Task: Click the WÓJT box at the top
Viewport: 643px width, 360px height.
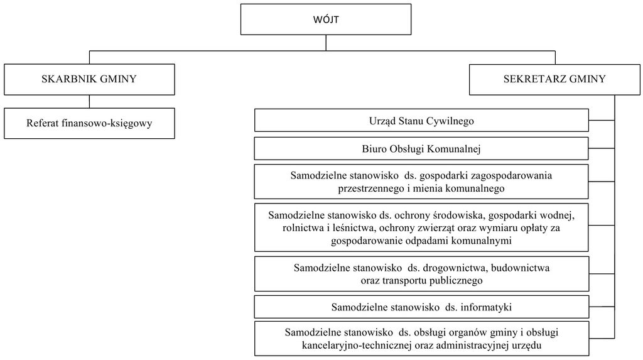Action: (x=326, y=19)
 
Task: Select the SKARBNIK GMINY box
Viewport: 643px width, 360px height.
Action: (x=89, y=79)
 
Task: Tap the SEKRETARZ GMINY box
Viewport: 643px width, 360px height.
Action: (x=554, y=79)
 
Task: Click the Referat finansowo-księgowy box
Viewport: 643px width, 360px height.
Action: (x=89, y=123)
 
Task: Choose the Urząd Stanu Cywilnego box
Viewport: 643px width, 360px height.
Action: (x=421, y=120)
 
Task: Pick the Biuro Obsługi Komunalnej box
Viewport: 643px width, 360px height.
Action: (x=421, y=148)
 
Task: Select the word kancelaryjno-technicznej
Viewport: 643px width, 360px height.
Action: (x=357, y=346)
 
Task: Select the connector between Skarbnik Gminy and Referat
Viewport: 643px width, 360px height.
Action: (x=89, y=101)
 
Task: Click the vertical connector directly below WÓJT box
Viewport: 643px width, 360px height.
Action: (x=326, y=43)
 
